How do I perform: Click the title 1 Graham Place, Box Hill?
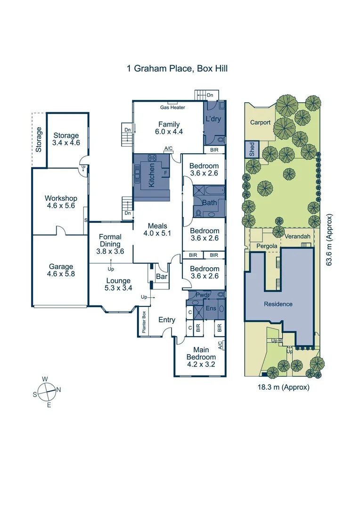(177, 68)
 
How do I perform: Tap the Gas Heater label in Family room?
(172, 107)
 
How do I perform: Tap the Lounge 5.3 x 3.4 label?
(118, 284)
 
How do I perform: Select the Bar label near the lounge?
(162, 277)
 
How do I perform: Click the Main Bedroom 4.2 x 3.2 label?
(201, 353)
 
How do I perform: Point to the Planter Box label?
(144, 323)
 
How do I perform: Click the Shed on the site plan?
(252, 150)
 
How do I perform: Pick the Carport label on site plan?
(260, 123)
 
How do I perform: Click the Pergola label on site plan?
(266, 246)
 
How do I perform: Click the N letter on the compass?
(58, 389)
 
